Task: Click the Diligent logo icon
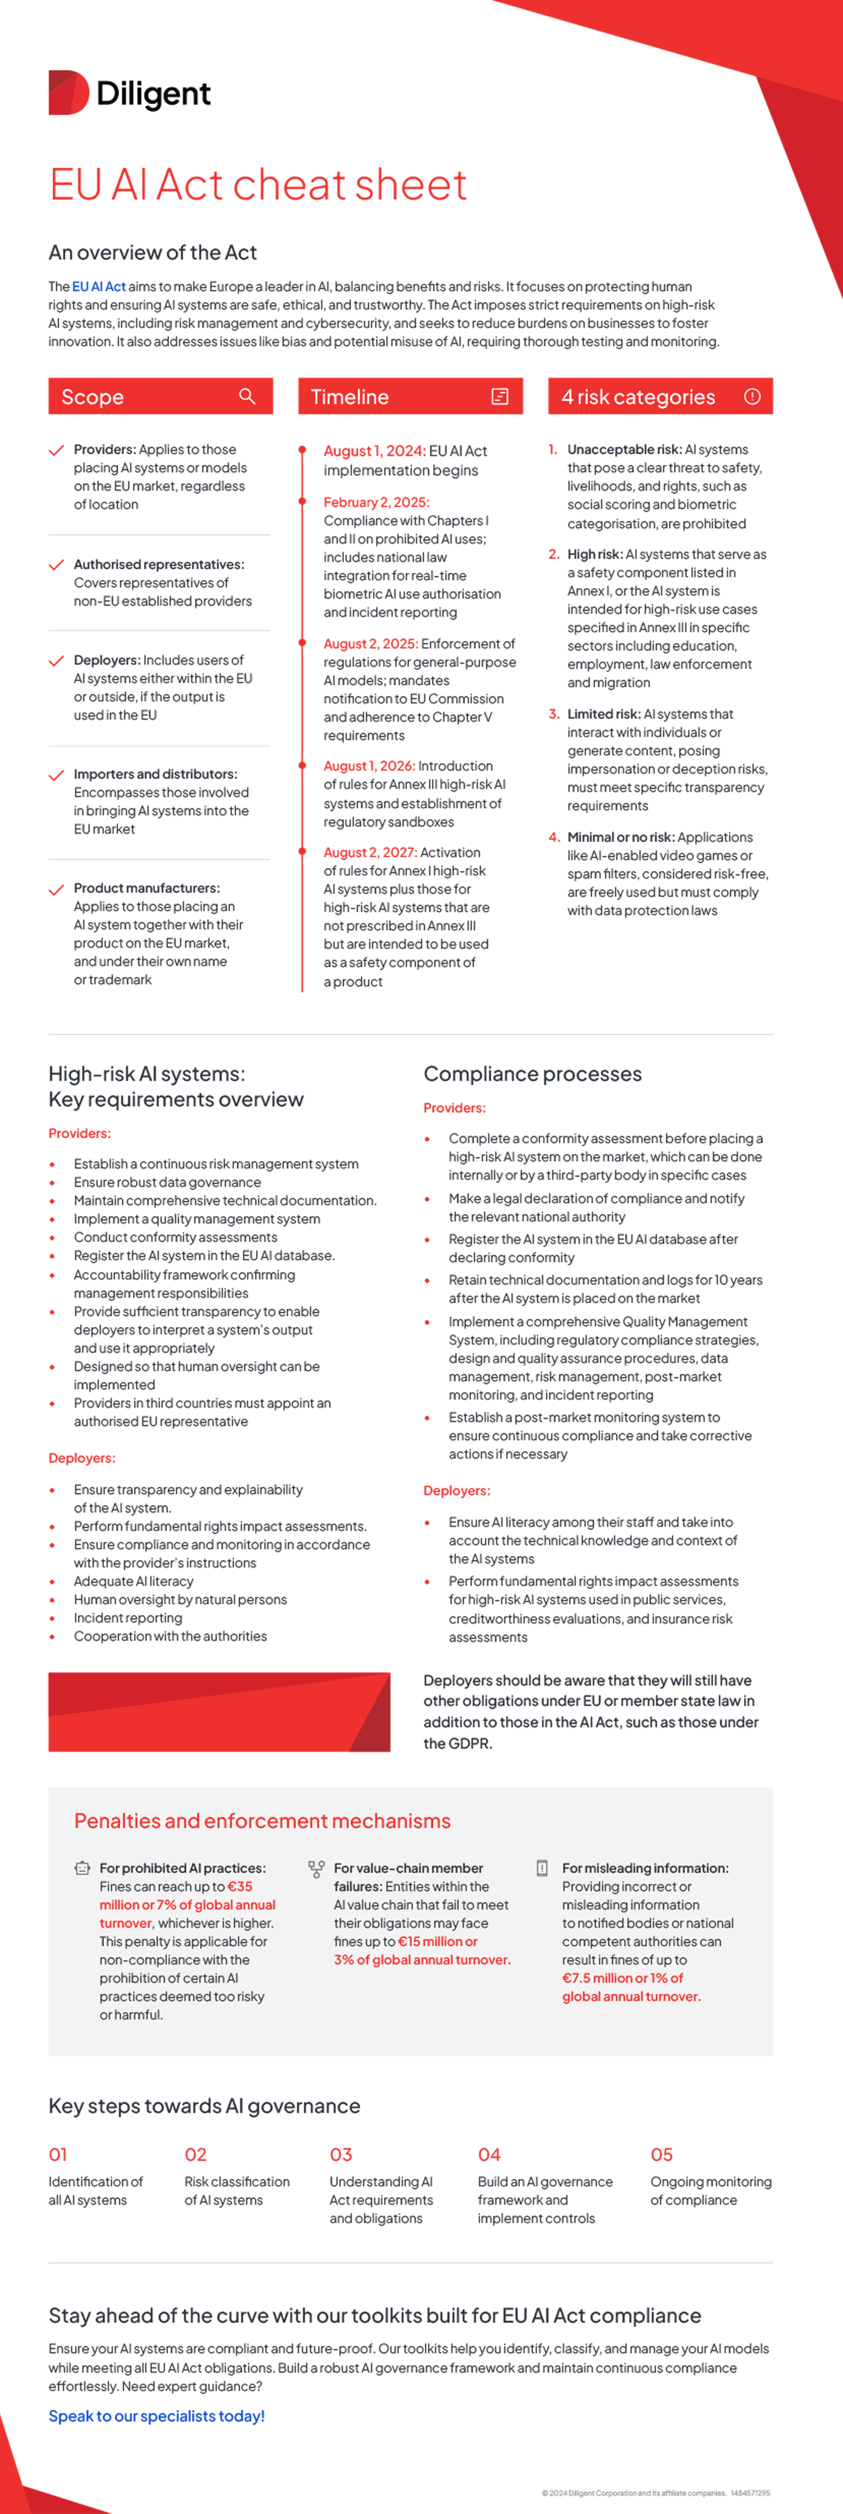pos(68,93)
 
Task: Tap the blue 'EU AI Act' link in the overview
pos(99,287)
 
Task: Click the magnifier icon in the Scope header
pos(247,396)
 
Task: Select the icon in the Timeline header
pos(500,396)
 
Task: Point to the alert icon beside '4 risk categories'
pos(752,396)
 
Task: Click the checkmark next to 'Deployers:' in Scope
pos(57,661)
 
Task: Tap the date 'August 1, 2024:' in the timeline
pos(374,451)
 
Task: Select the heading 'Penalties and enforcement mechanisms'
pos(262,1821)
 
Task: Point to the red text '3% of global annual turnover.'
pos(422,1960)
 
